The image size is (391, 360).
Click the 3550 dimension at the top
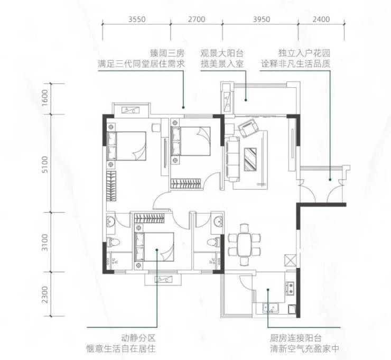point(137,19)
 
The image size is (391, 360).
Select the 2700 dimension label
point(197,19)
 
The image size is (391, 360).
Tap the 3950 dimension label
point(262,19)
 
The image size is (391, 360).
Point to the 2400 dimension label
point(321,19)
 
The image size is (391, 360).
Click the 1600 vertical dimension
point(45,98)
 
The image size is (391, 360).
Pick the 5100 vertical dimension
point(45,164)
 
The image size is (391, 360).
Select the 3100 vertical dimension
point(45,242)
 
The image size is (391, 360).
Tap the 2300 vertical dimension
point(45,294)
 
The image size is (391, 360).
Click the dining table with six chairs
point(244,245)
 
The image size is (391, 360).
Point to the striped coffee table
point(250,160)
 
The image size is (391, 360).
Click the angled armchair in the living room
point(249,128)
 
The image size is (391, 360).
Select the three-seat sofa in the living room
point(232,159)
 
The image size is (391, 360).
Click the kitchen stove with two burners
point(290,288)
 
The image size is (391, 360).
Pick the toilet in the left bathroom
point(113,242)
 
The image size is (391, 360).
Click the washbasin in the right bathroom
point(218,221)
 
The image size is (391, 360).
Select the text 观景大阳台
point(222,53)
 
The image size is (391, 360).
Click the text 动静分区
point(138,338)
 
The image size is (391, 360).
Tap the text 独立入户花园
point(304,53)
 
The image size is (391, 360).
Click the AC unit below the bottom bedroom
point(163,280)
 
